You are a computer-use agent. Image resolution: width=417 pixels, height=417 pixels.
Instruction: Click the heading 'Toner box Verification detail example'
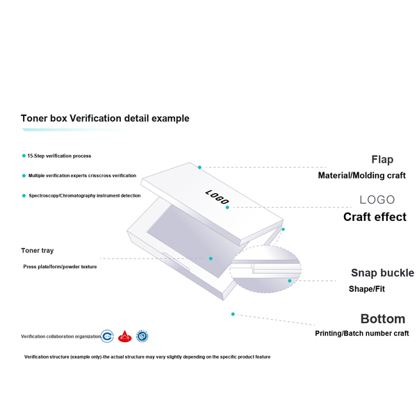105,118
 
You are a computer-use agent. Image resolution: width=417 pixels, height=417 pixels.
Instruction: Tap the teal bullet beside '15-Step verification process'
24,156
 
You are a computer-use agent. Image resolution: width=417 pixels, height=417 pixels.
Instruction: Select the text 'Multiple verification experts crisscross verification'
82,176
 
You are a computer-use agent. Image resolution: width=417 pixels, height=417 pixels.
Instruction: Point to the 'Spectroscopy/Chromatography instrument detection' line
85,196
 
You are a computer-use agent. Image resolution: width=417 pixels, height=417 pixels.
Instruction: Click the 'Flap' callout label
382,160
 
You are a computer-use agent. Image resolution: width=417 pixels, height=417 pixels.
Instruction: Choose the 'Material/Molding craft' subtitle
361,176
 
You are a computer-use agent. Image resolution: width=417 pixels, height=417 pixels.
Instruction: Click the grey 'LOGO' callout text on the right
377,199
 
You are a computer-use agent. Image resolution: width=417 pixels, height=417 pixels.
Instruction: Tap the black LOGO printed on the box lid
217,197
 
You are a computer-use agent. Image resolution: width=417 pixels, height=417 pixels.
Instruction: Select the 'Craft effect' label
375,217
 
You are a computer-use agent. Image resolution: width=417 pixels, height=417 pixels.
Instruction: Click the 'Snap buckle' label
382,273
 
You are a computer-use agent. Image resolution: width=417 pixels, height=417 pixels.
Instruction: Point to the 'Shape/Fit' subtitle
367,289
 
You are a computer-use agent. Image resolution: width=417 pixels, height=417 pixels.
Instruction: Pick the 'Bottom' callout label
383,319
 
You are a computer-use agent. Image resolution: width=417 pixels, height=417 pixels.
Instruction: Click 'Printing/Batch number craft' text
361,333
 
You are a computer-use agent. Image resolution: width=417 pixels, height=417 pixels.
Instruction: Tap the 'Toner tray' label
38,250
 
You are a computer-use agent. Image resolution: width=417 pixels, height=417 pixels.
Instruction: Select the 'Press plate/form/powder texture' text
60,266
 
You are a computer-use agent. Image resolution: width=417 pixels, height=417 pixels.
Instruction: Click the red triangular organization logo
124,336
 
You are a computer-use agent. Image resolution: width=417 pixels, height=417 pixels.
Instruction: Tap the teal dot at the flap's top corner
199,167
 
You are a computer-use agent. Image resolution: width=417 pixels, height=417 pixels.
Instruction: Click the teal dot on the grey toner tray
211,259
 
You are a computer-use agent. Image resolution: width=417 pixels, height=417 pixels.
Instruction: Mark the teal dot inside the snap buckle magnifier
290,281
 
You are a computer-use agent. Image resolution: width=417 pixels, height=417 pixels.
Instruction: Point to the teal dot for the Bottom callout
233,314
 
